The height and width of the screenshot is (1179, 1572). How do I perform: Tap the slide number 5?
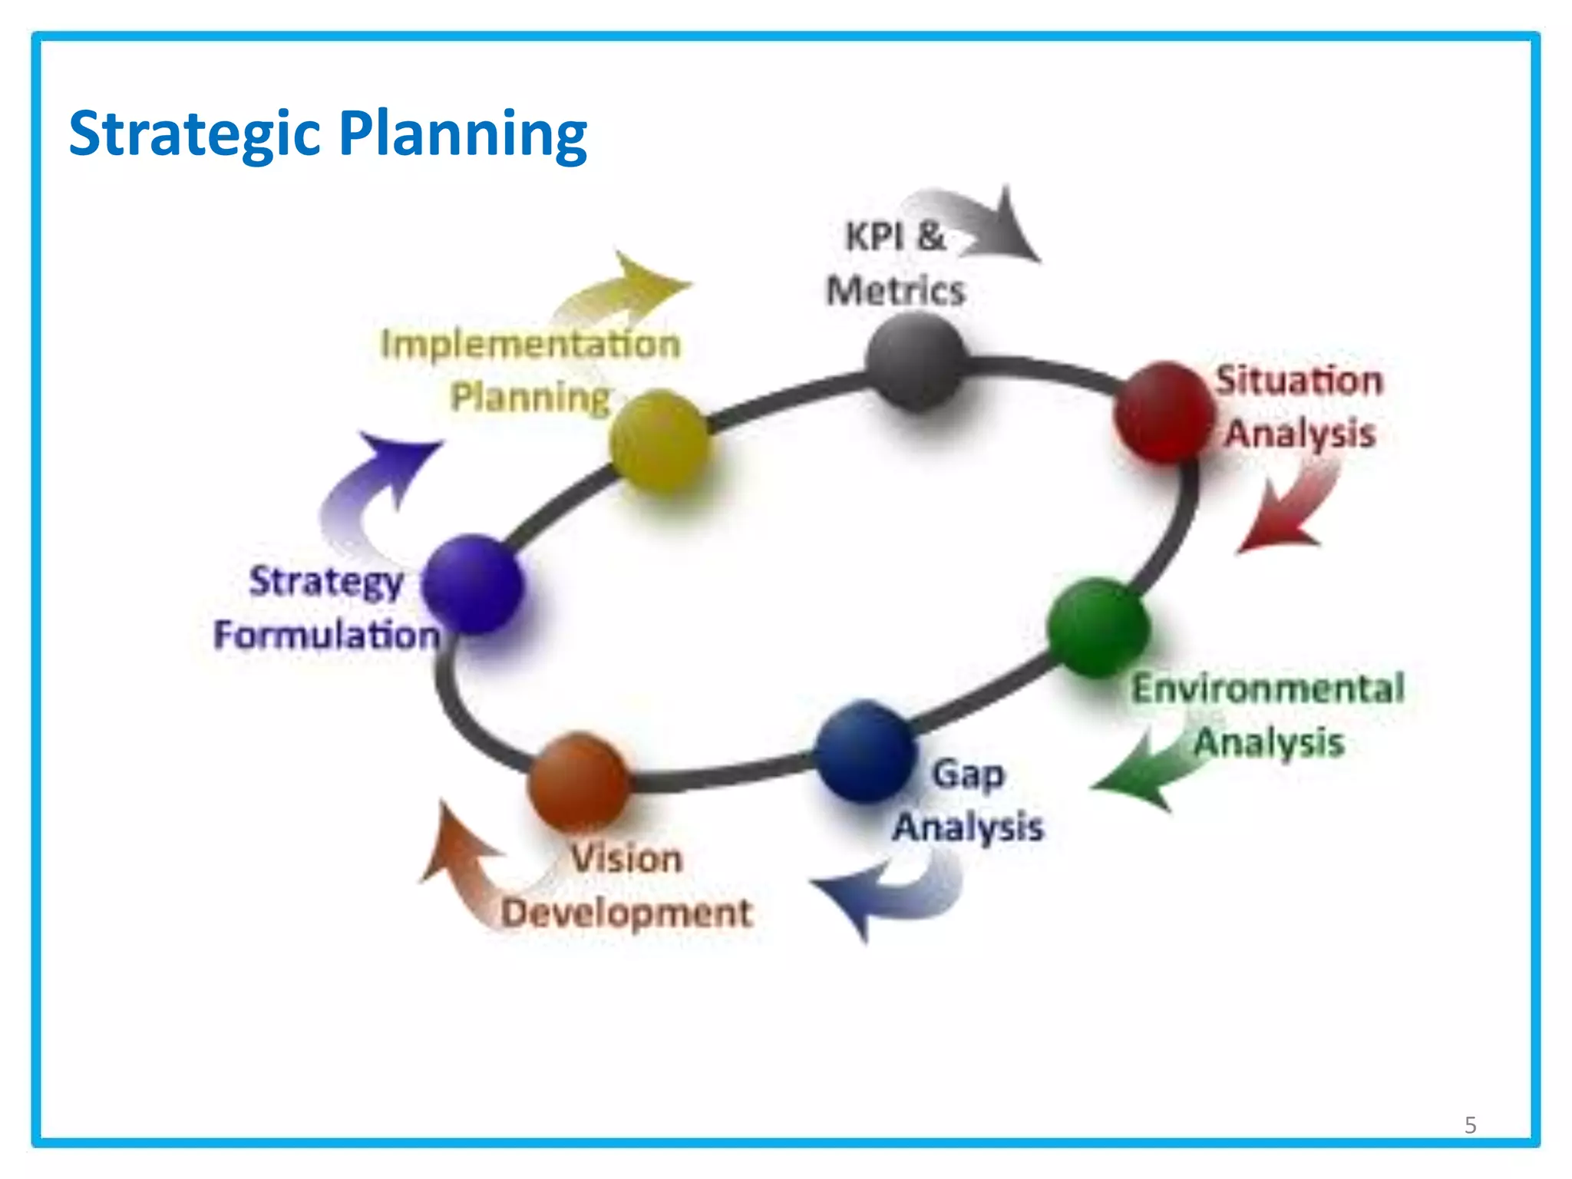[x=1470, y=1125]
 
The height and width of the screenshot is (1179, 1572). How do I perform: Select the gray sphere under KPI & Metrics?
[x=915, y=362]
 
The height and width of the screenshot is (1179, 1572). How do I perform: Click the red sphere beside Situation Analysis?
[x=1163, y=413]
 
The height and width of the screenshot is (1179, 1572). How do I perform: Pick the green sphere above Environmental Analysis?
[x=1098, y=627]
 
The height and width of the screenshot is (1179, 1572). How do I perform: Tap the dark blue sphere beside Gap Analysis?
[x=865, y=751]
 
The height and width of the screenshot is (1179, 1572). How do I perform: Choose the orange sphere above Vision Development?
[x=580, y=781]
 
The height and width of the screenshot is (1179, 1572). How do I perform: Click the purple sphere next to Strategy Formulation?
[x=473, y=583]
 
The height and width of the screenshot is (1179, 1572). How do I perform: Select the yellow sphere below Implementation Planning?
[x=659, y=440]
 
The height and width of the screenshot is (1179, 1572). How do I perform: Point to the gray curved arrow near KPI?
[x=982, y=224]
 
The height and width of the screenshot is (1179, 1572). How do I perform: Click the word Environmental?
[x=1268, y=688]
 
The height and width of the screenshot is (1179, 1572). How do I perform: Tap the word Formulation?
[x=327, y=636]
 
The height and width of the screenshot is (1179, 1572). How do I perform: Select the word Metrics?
[x=895, y=292]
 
